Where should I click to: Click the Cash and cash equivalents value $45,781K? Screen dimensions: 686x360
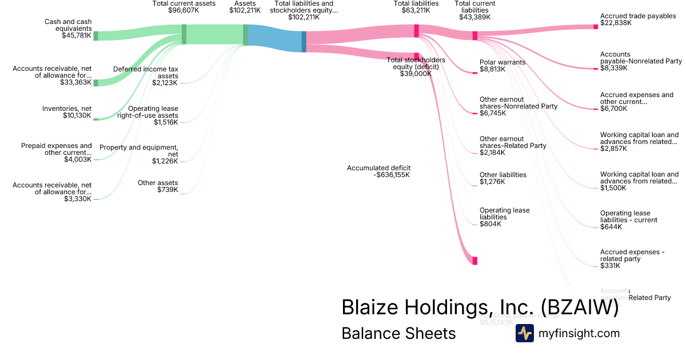(x=77, y=35)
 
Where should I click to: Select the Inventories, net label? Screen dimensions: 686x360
(x=66, y=109)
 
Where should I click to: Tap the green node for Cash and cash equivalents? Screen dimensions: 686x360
(x=95, y=36)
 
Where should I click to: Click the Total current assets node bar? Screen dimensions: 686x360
(x=184, y=34)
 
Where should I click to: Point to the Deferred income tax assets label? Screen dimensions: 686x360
(x=146, y=73)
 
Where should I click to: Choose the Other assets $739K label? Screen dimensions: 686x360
(x=158, y=186)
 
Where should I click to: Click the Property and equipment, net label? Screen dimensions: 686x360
(x=139, y=151)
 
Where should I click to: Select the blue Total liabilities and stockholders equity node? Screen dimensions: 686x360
(x=304, y=41)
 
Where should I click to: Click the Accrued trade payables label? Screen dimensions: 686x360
(x=637, y=17)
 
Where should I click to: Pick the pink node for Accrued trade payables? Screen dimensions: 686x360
(x=595, y=26)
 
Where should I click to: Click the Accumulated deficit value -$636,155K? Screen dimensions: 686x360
(x=392, y=175)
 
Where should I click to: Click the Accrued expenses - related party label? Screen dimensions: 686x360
(x=632, y=255)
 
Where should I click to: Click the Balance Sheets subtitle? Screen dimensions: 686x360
(x=398, y=333)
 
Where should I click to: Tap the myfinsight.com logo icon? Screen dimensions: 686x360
(x=525, y=333)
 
